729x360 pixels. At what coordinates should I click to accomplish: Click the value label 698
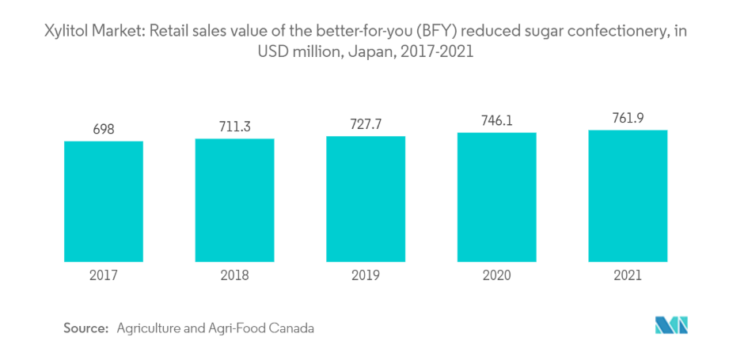click(104, 129)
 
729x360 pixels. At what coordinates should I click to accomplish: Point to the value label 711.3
click(234, 126)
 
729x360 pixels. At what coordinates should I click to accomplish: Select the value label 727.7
click(366, 124)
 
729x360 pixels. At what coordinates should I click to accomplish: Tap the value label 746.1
click(496, 121)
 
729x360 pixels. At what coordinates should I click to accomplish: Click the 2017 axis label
click(104, 275)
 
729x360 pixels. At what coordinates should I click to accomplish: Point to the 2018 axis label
click(234, 275)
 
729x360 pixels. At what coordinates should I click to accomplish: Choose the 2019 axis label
click(366, 275)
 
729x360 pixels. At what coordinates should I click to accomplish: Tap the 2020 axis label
click(496, 275)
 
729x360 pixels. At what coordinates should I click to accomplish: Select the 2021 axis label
click(628, 275)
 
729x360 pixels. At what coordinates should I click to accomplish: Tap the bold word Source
click(85, 328)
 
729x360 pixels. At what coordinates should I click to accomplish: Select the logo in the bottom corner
click(672, 325)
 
